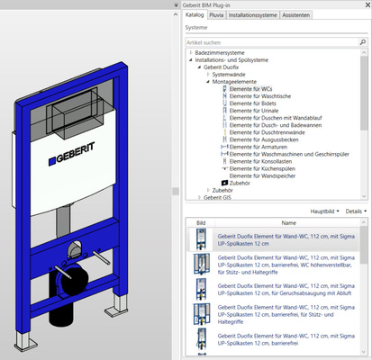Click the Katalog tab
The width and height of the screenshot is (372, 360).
[x=194, y=15]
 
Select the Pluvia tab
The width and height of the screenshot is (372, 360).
[x=216, y=15]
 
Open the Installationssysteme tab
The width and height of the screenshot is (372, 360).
[x=252, y=15]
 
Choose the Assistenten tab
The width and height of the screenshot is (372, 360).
[x=296, y=15]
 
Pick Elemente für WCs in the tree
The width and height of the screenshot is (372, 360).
[x=251, y=89]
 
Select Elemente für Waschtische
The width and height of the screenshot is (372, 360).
[x=259, y=97]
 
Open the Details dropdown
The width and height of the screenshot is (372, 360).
[x=354, y=211]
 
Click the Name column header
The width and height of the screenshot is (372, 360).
[x=288, y=222]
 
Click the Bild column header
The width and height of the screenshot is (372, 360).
[x=200, y=222]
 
